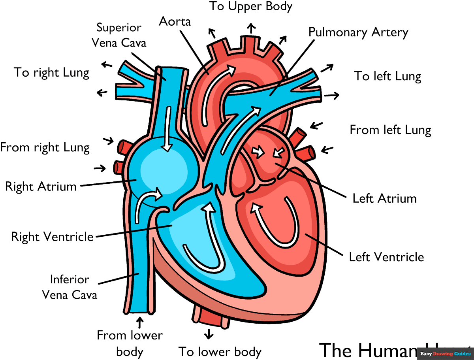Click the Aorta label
coord(175,21)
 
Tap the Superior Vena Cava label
coord(119,35)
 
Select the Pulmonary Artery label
coord(358,32)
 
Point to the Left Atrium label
coord(384,198)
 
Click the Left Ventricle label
coord(386,257)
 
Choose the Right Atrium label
coord(41,186)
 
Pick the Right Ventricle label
coord(52,237)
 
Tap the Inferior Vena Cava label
coord(70,287)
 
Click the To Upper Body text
coord(251,6)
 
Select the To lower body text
coord(220,351)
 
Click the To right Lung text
coord(51,72)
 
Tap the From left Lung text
coord(390,130)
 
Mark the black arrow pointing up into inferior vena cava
coord(140,321)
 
